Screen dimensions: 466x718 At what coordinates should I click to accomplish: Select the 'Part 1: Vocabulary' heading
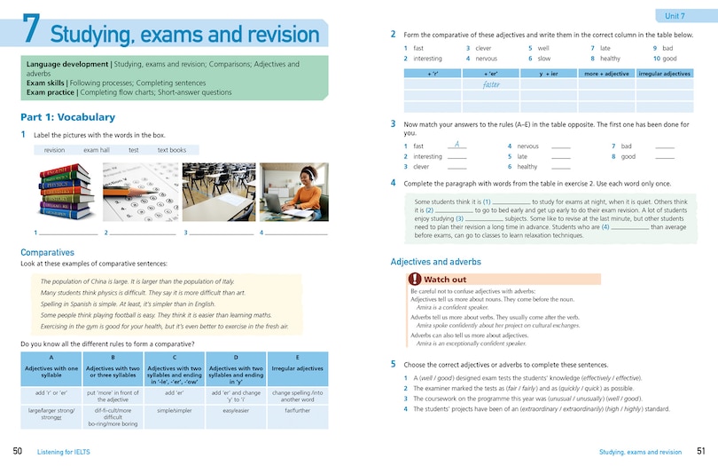pos(67,116)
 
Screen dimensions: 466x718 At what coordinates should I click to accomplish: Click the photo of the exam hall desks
pos(218,192)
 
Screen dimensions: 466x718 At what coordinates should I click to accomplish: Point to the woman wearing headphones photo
pos(294,192)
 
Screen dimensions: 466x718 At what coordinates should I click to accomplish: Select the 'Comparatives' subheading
pos(47,253)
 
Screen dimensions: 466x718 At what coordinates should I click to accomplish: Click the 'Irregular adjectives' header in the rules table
pos(298,367)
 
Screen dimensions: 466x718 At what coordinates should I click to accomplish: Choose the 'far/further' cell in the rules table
pos(298,411)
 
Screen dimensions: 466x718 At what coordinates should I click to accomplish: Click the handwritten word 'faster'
pos(493,85)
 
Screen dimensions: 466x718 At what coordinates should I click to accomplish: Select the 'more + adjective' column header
pos(606,74)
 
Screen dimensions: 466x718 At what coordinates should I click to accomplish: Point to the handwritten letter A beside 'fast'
pos(456,144)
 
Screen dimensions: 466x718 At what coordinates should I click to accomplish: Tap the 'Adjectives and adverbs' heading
pos(435,262)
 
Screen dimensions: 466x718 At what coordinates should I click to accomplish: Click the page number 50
pos(17,452)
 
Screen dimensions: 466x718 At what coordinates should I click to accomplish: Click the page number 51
pos(700,452)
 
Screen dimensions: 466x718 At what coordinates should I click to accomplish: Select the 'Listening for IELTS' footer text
pos(63,452)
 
